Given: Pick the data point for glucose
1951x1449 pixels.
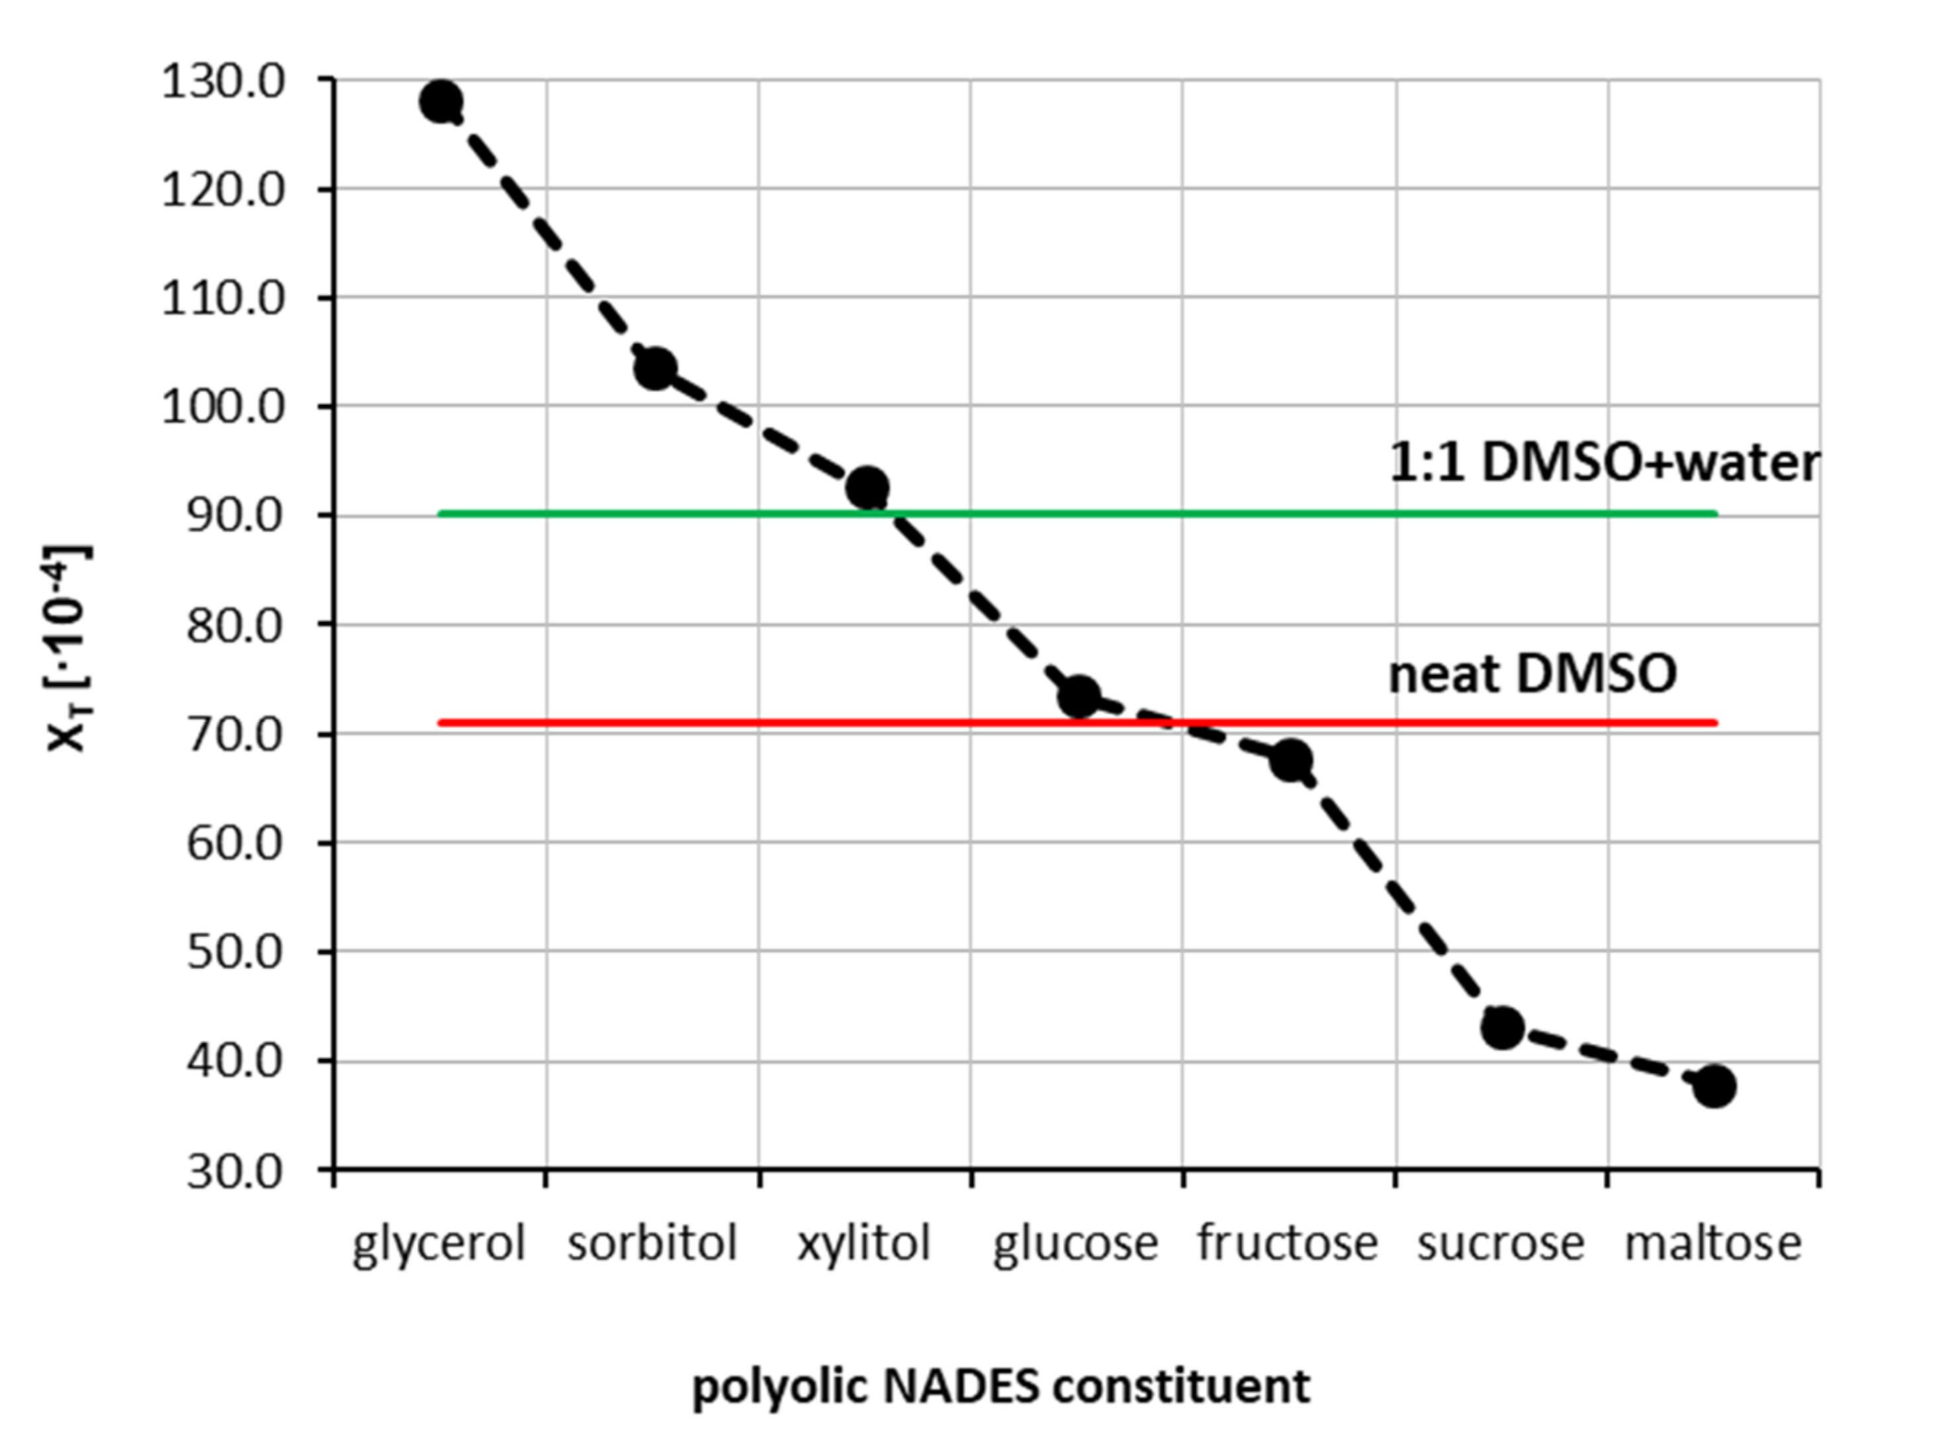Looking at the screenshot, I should pos(1079,697).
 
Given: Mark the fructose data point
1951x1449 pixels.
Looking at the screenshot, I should pos(1291,760).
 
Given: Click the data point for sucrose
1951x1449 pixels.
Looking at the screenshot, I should pos(1503,1027).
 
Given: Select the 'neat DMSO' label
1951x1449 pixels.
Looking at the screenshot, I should pos(1532,675).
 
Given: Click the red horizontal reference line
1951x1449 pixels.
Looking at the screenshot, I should pos(789,723).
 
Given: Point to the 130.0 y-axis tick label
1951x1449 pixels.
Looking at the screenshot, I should pos(224,84).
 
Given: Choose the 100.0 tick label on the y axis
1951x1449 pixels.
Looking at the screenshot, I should pos(224,408).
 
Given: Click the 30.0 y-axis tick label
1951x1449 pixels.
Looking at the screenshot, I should pos(235,1172).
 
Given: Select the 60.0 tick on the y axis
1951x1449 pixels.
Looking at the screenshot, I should pos(235,844).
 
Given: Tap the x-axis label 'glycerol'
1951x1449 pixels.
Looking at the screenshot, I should pos(438,1244).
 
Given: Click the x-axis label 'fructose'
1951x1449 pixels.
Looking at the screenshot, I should pos(1288,1244).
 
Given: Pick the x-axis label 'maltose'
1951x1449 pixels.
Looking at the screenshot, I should pos(1713,1244).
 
